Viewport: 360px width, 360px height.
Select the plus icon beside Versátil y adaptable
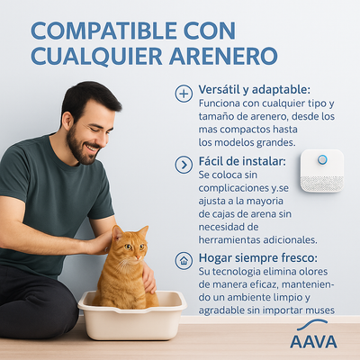(184, 94)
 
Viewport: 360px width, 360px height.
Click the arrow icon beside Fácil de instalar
(184, 164)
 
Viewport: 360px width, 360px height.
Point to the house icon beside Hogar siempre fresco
(184, 260)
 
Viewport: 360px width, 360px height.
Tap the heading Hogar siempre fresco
(255, 257)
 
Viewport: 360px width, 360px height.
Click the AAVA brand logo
(313, 340)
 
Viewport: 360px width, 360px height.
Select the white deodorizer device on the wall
(321, 170)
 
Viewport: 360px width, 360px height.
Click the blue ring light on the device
(321, 159)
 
